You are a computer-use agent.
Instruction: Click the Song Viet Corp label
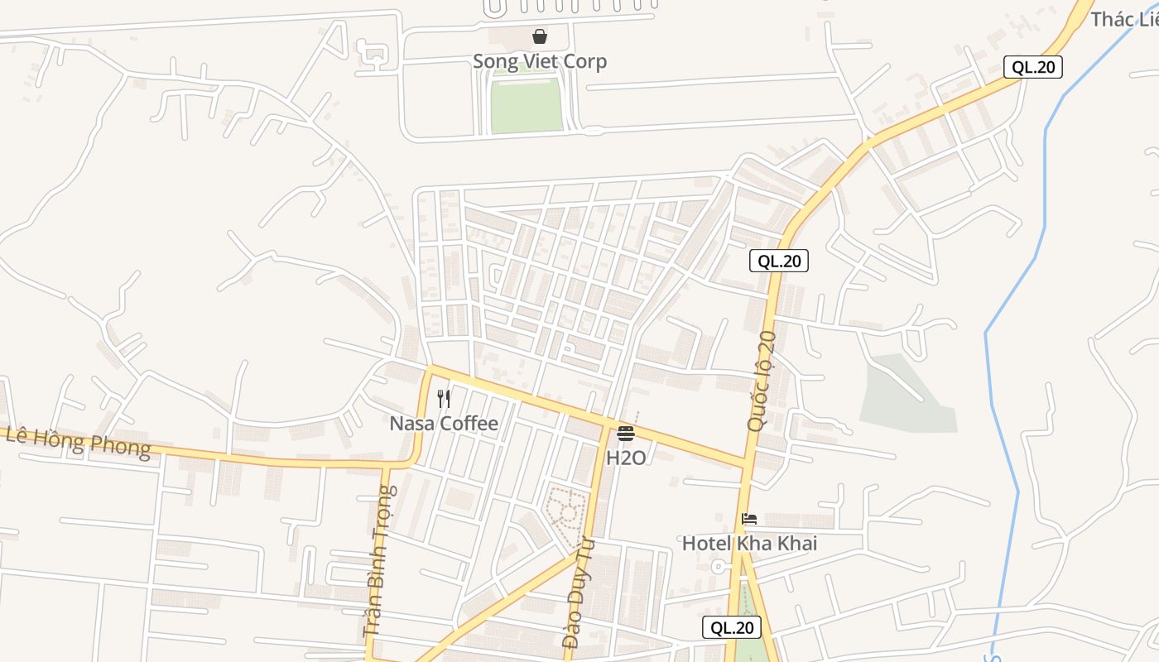pos(539,61)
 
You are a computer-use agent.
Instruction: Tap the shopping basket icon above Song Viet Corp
pos(540,36)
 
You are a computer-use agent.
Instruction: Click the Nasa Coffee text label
pos(444,424)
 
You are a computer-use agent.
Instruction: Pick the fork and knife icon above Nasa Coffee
pos(444,399)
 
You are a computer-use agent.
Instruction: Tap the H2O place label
pos(626,458)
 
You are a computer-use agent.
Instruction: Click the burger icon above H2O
pos(626,434)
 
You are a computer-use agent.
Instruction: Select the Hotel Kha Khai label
pos(749,544)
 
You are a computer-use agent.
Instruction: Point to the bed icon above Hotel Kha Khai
pos(749,519)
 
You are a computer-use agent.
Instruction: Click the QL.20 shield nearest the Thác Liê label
pos(1033,67)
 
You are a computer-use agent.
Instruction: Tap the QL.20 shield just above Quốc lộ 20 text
pos(778,261)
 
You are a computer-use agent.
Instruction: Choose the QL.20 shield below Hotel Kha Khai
pos(731,627)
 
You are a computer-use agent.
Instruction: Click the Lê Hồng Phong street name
pos(79,442)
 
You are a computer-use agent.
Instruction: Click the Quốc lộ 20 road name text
pos(761,381)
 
